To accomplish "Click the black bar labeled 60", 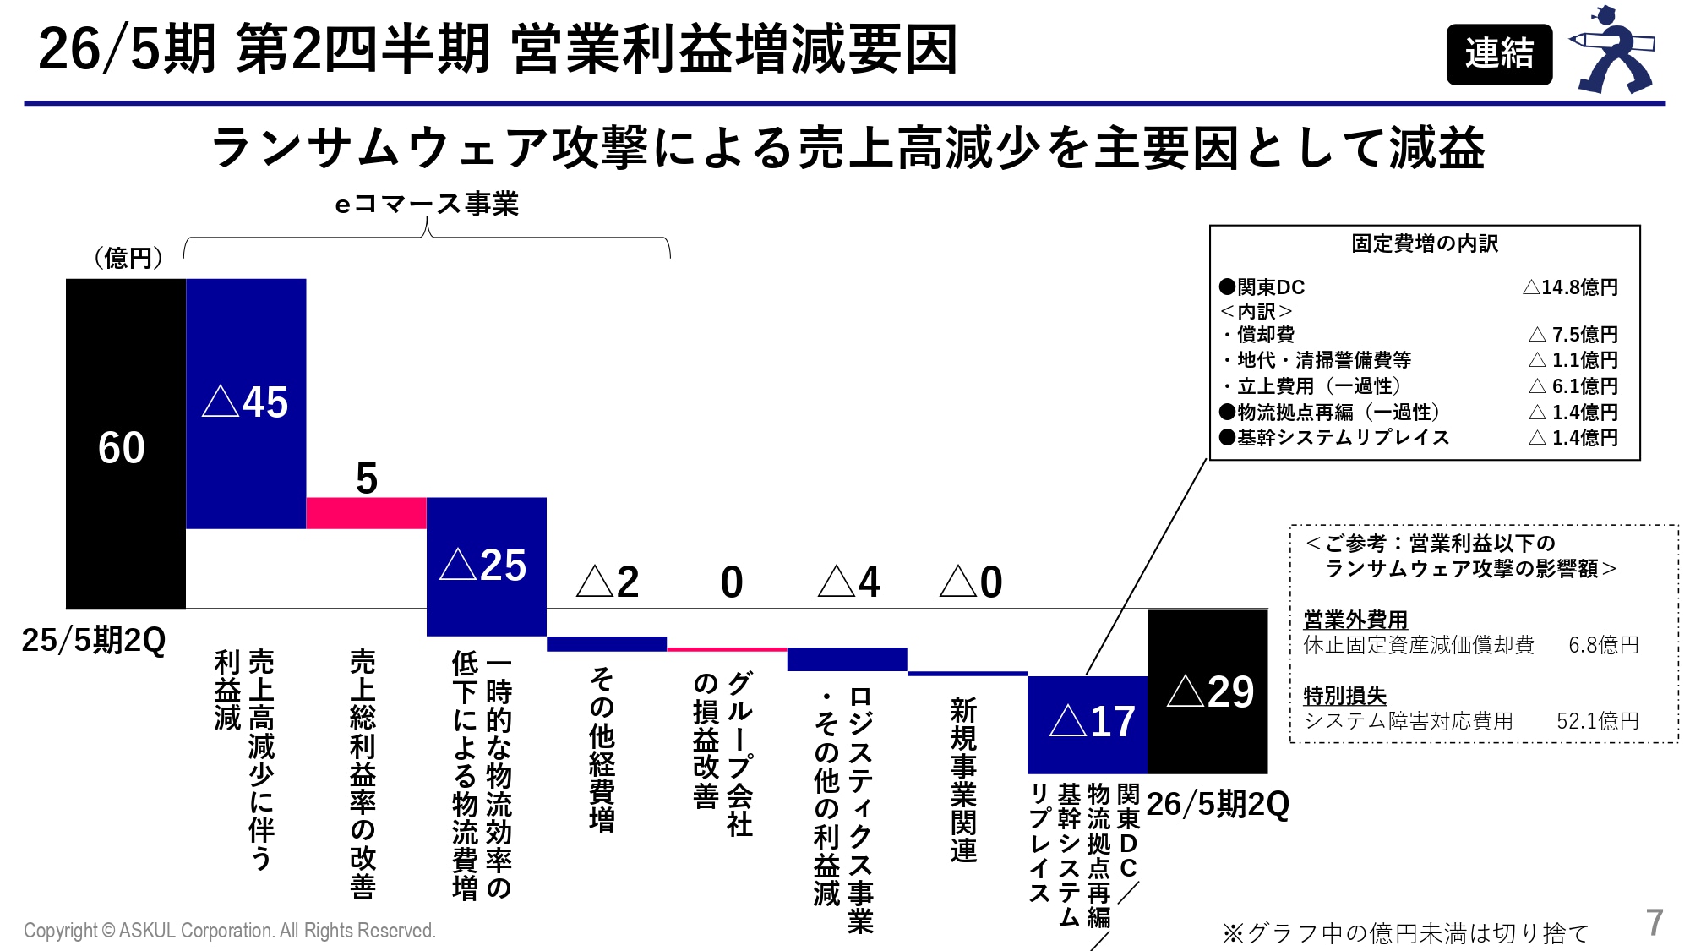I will [125, 444].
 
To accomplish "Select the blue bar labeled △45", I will [245, 403].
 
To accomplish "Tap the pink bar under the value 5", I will [366, 513].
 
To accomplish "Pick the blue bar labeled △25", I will [486, 566].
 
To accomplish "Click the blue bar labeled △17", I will [1087, 724].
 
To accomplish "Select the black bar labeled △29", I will [1207, 691].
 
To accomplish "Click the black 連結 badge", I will [1498, 54].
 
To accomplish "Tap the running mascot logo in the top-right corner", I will [1612, 51].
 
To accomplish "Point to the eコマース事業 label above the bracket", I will [427, 204].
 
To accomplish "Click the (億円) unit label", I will [128, 257].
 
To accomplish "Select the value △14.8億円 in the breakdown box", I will [1570, 287].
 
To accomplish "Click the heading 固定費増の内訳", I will [1424, 243].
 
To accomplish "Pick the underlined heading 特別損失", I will [1344, 696].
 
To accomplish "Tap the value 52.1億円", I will [1597, 721].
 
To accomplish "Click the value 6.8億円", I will [1603, 645].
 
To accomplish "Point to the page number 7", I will [1654, 922].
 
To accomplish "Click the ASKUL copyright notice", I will [230, 931].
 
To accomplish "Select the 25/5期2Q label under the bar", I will [94, 640].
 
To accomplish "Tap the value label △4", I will [849, 582].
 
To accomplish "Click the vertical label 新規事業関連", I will [963, 779].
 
